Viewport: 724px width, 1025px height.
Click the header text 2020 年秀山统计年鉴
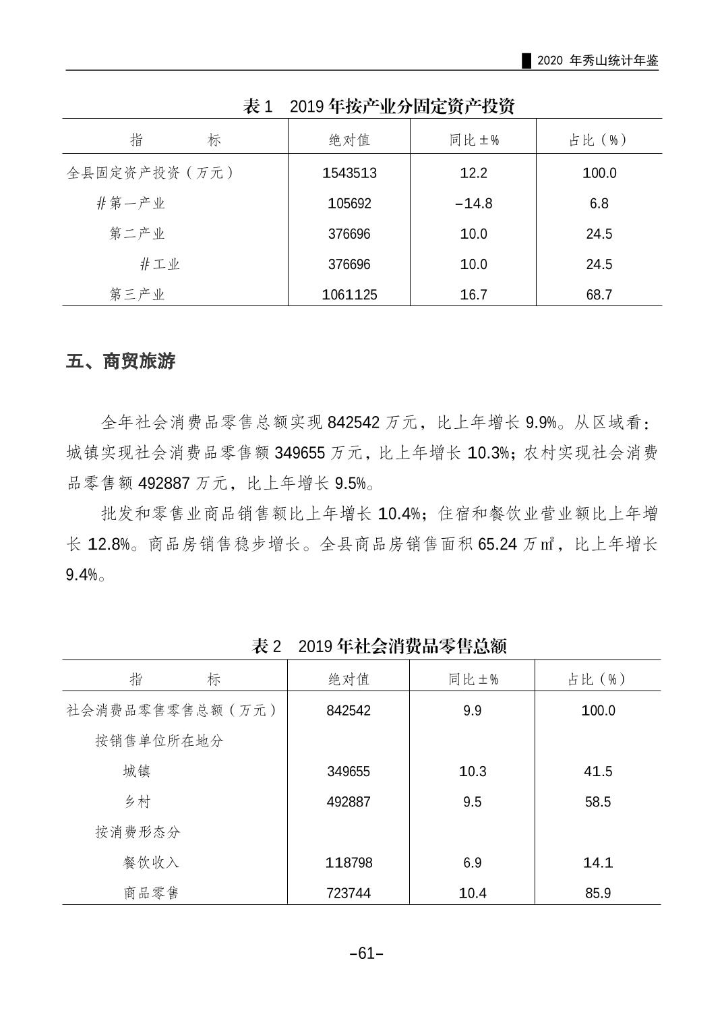tap(598, 61)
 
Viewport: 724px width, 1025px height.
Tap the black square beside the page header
tap(527, 61)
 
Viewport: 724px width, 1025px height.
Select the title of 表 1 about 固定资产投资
tap(379, 106)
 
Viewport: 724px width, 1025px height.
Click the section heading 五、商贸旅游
tap(121, 361)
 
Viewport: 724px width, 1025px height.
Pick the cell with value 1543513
tap(349, 173)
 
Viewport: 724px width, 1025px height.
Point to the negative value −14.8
tap(473, 203)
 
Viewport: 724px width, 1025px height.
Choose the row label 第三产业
tap(138, 294)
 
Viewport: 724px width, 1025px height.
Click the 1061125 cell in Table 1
tap(349, 294)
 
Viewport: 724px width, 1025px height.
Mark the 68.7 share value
tap(599, 294)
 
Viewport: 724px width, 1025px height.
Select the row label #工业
tap(160, 264)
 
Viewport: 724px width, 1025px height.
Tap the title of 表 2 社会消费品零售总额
tap(379, 645)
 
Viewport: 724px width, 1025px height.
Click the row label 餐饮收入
tap(151, 862)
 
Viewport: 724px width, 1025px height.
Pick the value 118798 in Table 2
tap(349, 862)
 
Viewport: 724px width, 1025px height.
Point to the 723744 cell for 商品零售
tap(349, 893)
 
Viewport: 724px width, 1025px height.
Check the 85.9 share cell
tap(598, 893)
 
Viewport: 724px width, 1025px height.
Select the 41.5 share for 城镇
tap(598, 771)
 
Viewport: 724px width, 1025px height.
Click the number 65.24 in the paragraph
tap(497, 544)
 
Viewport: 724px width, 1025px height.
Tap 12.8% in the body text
tap(109, 544)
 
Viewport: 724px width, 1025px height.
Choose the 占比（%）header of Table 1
tap(599, 140)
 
